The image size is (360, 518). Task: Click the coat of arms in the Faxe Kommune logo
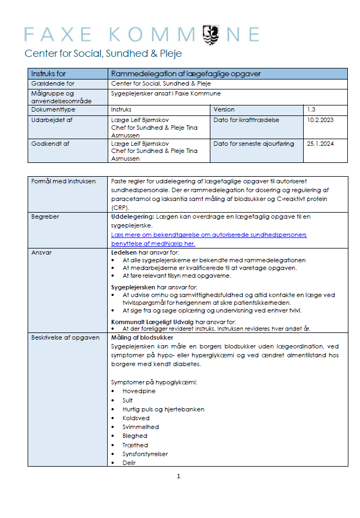(x=211, y=34)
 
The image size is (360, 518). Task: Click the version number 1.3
(x=311, y=109)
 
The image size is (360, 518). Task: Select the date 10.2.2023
(x=320, y=119)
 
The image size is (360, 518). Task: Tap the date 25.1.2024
(x=320, y=144)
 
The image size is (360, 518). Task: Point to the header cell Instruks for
(x=49, y=73)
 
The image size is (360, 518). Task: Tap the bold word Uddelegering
(x=132, y=217)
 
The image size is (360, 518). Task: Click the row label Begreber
(x=45, y=217)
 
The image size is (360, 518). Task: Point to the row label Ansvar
(x=42, y=252)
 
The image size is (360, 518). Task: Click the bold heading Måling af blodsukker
(x=142, y=337)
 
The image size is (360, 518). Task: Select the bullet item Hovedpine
(x=139, y=391)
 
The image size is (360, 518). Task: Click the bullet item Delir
(x=129, y=463)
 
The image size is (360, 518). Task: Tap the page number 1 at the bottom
(x=178, y=476)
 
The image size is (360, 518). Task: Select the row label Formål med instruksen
(x=63, y=181)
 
